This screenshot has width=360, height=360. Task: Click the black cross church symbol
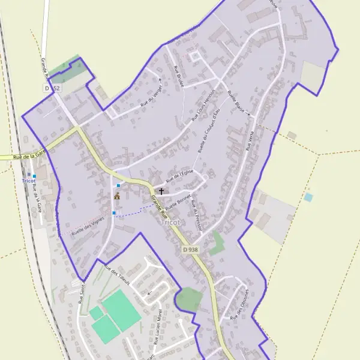tap(161, 191)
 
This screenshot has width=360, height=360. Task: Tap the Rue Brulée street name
tap(178, 76)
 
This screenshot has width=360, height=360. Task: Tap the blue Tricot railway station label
tap(29, 181)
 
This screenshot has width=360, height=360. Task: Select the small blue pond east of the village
tap(308, 197)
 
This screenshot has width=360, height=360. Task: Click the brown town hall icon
tap(116, 196)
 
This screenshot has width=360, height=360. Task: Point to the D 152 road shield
tap(52, 88)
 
